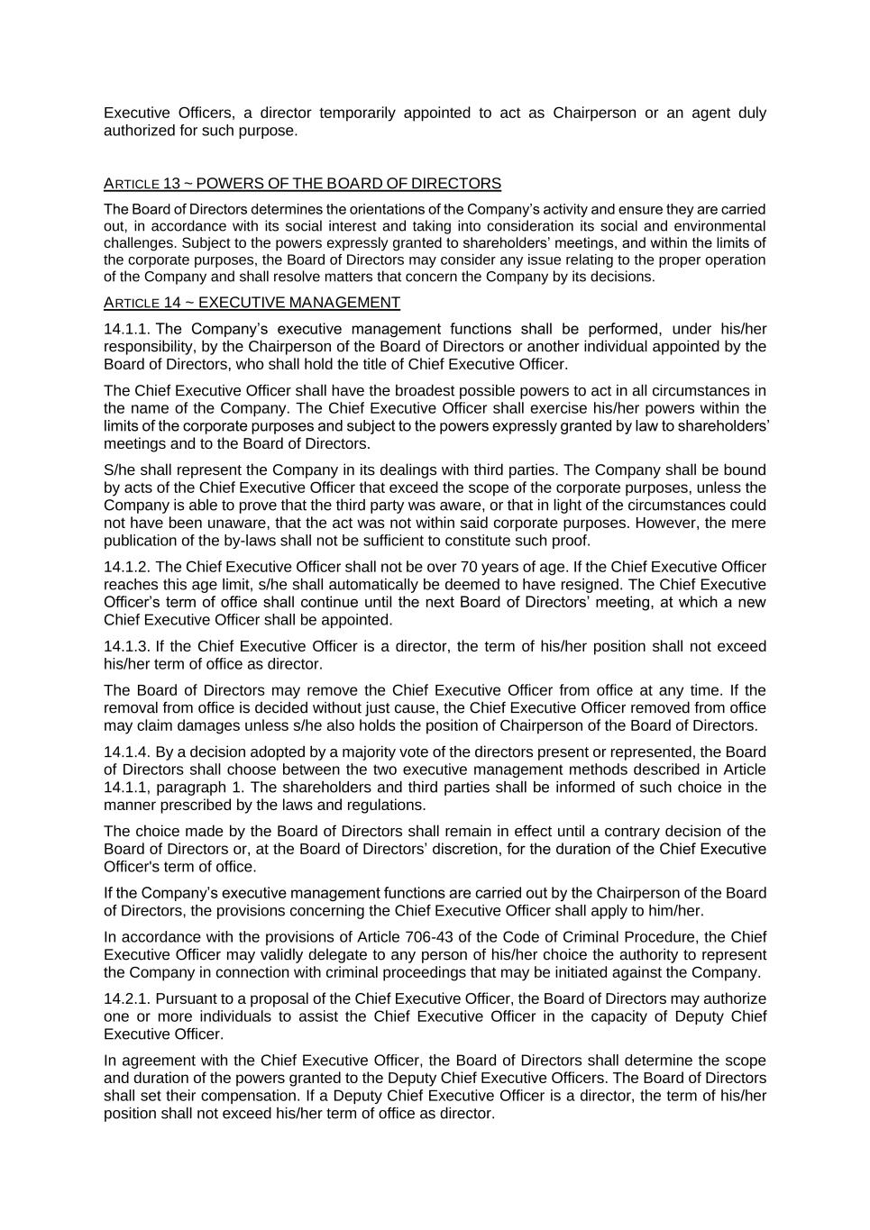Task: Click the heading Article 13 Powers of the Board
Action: coord(302,184)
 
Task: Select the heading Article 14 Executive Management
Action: coord(252,303)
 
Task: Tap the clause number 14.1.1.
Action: coord(126,329)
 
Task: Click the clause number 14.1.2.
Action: coord(126,567)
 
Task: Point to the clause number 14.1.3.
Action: coord(126,646)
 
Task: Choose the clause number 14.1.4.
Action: coord(126,752)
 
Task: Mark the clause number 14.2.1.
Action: coord(126,998)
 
